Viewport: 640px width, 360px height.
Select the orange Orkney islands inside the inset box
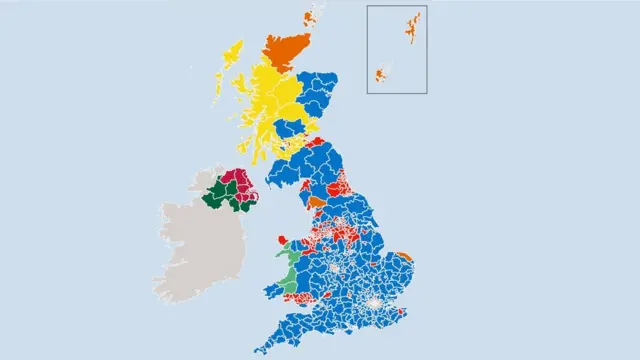(381, 74)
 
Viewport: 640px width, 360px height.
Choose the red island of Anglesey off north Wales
(282, 239)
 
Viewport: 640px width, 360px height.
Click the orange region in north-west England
(317, 202)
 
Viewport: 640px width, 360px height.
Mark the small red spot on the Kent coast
(402, 310)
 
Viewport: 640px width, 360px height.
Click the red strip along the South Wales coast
(298, 296)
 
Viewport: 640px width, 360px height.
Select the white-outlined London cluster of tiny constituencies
(374, 301)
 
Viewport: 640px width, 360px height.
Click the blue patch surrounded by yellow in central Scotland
(292, 128)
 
